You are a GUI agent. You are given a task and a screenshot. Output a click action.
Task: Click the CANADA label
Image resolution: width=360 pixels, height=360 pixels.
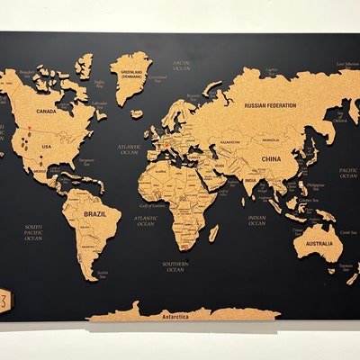[45, 112]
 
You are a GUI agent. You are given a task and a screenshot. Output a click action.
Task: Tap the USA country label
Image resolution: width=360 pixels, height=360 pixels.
[47, 147]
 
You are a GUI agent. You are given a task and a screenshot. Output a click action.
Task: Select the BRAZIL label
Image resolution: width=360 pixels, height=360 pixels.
[94, 215]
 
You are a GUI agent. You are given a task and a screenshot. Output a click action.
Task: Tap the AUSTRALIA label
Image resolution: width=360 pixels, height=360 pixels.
[319, 243]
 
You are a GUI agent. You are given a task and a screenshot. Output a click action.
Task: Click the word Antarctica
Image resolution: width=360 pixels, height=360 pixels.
[173, 315]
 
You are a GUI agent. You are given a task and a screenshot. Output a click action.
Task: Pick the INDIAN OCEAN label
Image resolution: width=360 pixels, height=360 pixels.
[256, 220]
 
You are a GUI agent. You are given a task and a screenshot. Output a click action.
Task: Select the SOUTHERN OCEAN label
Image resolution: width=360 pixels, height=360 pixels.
[175, 266]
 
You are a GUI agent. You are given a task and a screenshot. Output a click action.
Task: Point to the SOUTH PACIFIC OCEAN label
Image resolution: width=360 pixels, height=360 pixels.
[33, 232]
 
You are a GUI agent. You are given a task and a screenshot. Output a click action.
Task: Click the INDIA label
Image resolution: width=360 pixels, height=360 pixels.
[249, 180]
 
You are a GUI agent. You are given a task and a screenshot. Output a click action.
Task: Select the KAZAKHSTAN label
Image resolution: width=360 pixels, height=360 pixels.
[230, 141]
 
